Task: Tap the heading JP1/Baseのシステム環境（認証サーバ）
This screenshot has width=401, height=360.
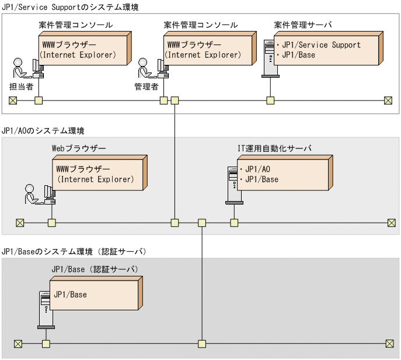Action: point(74,251)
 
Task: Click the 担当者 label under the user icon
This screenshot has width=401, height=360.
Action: point(21,86)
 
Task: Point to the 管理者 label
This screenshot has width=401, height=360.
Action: point(147,86)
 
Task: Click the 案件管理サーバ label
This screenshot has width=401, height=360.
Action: point(303,25)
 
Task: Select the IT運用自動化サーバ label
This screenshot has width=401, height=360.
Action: point(271,148)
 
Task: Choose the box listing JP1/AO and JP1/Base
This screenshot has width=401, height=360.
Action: point(284,174)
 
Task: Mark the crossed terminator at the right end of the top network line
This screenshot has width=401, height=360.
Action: point(388,100)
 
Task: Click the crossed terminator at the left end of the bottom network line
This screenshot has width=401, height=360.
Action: point(18,343)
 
